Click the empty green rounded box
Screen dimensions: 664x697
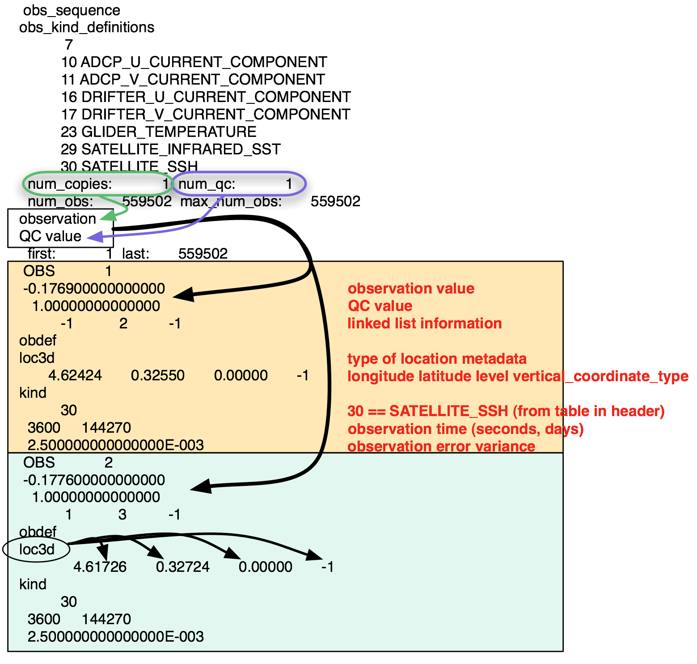(x=97, y=183)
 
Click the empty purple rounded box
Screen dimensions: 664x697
(x=239, y=183)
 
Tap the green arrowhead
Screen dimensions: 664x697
(x=108, y=216)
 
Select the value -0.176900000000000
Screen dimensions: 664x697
(x=94, y=289)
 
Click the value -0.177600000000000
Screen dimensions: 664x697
(x=94, y=480)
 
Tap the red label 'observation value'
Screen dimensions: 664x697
(x=411, y=289)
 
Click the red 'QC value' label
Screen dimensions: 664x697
(x=380, y=306)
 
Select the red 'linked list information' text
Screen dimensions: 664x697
(x=424, y=323)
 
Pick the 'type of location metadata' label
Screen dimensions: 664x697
(x=437, y=359)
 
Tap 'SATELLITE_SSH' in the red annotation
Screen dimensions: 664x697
(x=449, y=411)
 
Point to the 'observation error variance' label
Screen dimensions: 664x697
(x=441, y=446)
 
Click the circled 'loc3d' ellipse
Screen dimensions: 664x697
(x=38, y=549)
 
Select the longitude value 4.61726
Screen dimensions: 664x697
(x=100, y=567)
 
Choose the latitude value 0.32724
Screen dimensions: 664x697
(x=182, y=567)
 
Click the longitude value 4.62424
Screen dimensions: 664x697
(x=75, y=375)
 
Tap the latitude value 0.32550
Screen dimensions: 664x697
(x=157, y=375)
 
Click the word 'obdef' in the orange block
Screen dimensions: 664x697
(x=38, y=341)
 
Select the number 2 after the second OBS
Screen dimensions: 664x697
(x=108, y=462)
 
